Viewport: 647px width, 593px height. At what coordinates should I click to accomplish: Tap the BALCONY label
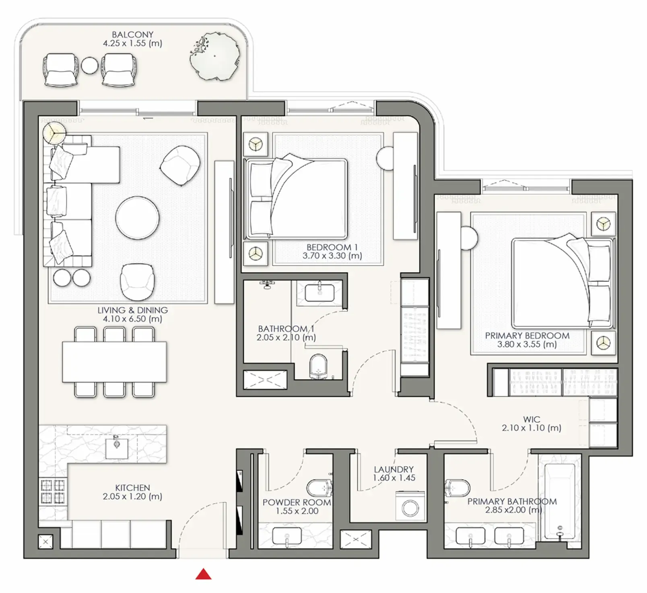(x=132, y=35)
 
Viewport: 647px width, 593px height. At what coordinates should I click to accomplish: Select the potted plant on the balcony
(x=214, y=56)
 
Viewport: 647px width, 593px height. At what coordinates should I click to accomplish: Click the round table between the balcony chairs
(x=89, y=66)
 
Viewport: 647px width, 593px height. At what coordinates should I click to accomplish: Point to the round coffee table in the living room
(x=137, y=218)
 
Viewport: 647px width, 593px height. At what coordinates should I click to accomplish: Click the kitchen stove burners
(x=53, y=492)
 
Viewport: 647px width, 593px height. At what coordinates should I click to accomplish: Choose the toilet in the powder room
(x=320, y=488)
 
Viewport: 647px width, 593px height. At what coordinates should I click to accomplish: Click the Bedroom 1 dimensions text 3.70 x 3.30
(x=332, y=256)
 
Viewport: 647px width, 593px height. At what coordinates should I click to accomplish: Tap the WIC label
(x=532, y=419)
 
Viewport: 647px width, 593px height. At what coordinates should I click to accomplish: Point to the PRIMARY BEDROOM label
(x=527, y=335)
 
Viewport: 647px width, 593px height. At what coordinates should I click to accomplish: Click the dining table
(x=114, y=362)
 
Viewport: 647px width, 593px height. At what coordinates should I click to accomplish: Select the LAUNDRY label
(x=394, y=469)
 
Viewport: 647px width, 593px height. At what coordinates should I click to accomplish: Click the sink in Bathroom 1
(x=319, y=293)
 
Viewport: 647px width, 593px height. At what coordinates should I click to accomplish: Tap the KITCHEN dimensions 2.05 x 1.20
(x=132, y=496)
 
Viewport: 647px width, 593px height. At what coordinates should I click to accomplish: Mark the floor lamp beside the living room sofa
(x=54, y=133)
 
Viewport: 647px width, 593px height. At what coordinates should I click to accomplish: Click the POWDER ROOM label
(x=297, y=502)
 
